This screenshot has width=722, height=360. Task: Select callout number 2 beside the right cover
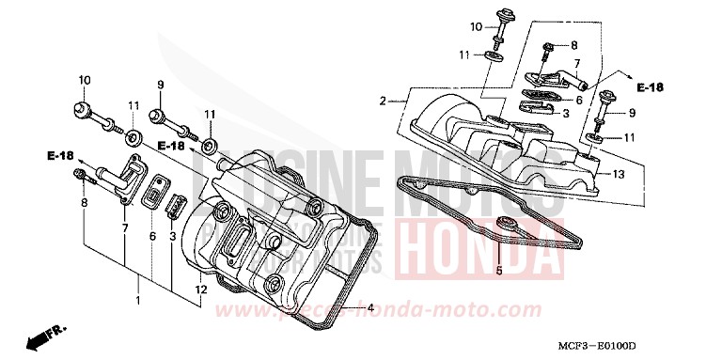point(384,101)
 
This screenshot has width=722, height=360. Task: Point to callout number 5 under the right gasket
point(499,271)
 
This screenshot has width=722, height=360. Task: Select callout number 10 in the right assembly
point(476,25)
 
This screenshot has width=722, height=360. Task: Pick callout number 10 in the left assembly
point(85,81)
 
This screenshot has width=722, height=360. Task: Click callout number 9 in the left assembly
point(160,85)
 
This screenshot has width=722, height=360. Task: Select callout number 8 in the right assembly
point(574,46)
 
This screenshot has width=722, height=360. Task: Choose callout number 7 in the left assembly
point(124,227)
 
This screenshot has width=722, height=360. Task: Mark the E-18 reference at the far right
point(650,87)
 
